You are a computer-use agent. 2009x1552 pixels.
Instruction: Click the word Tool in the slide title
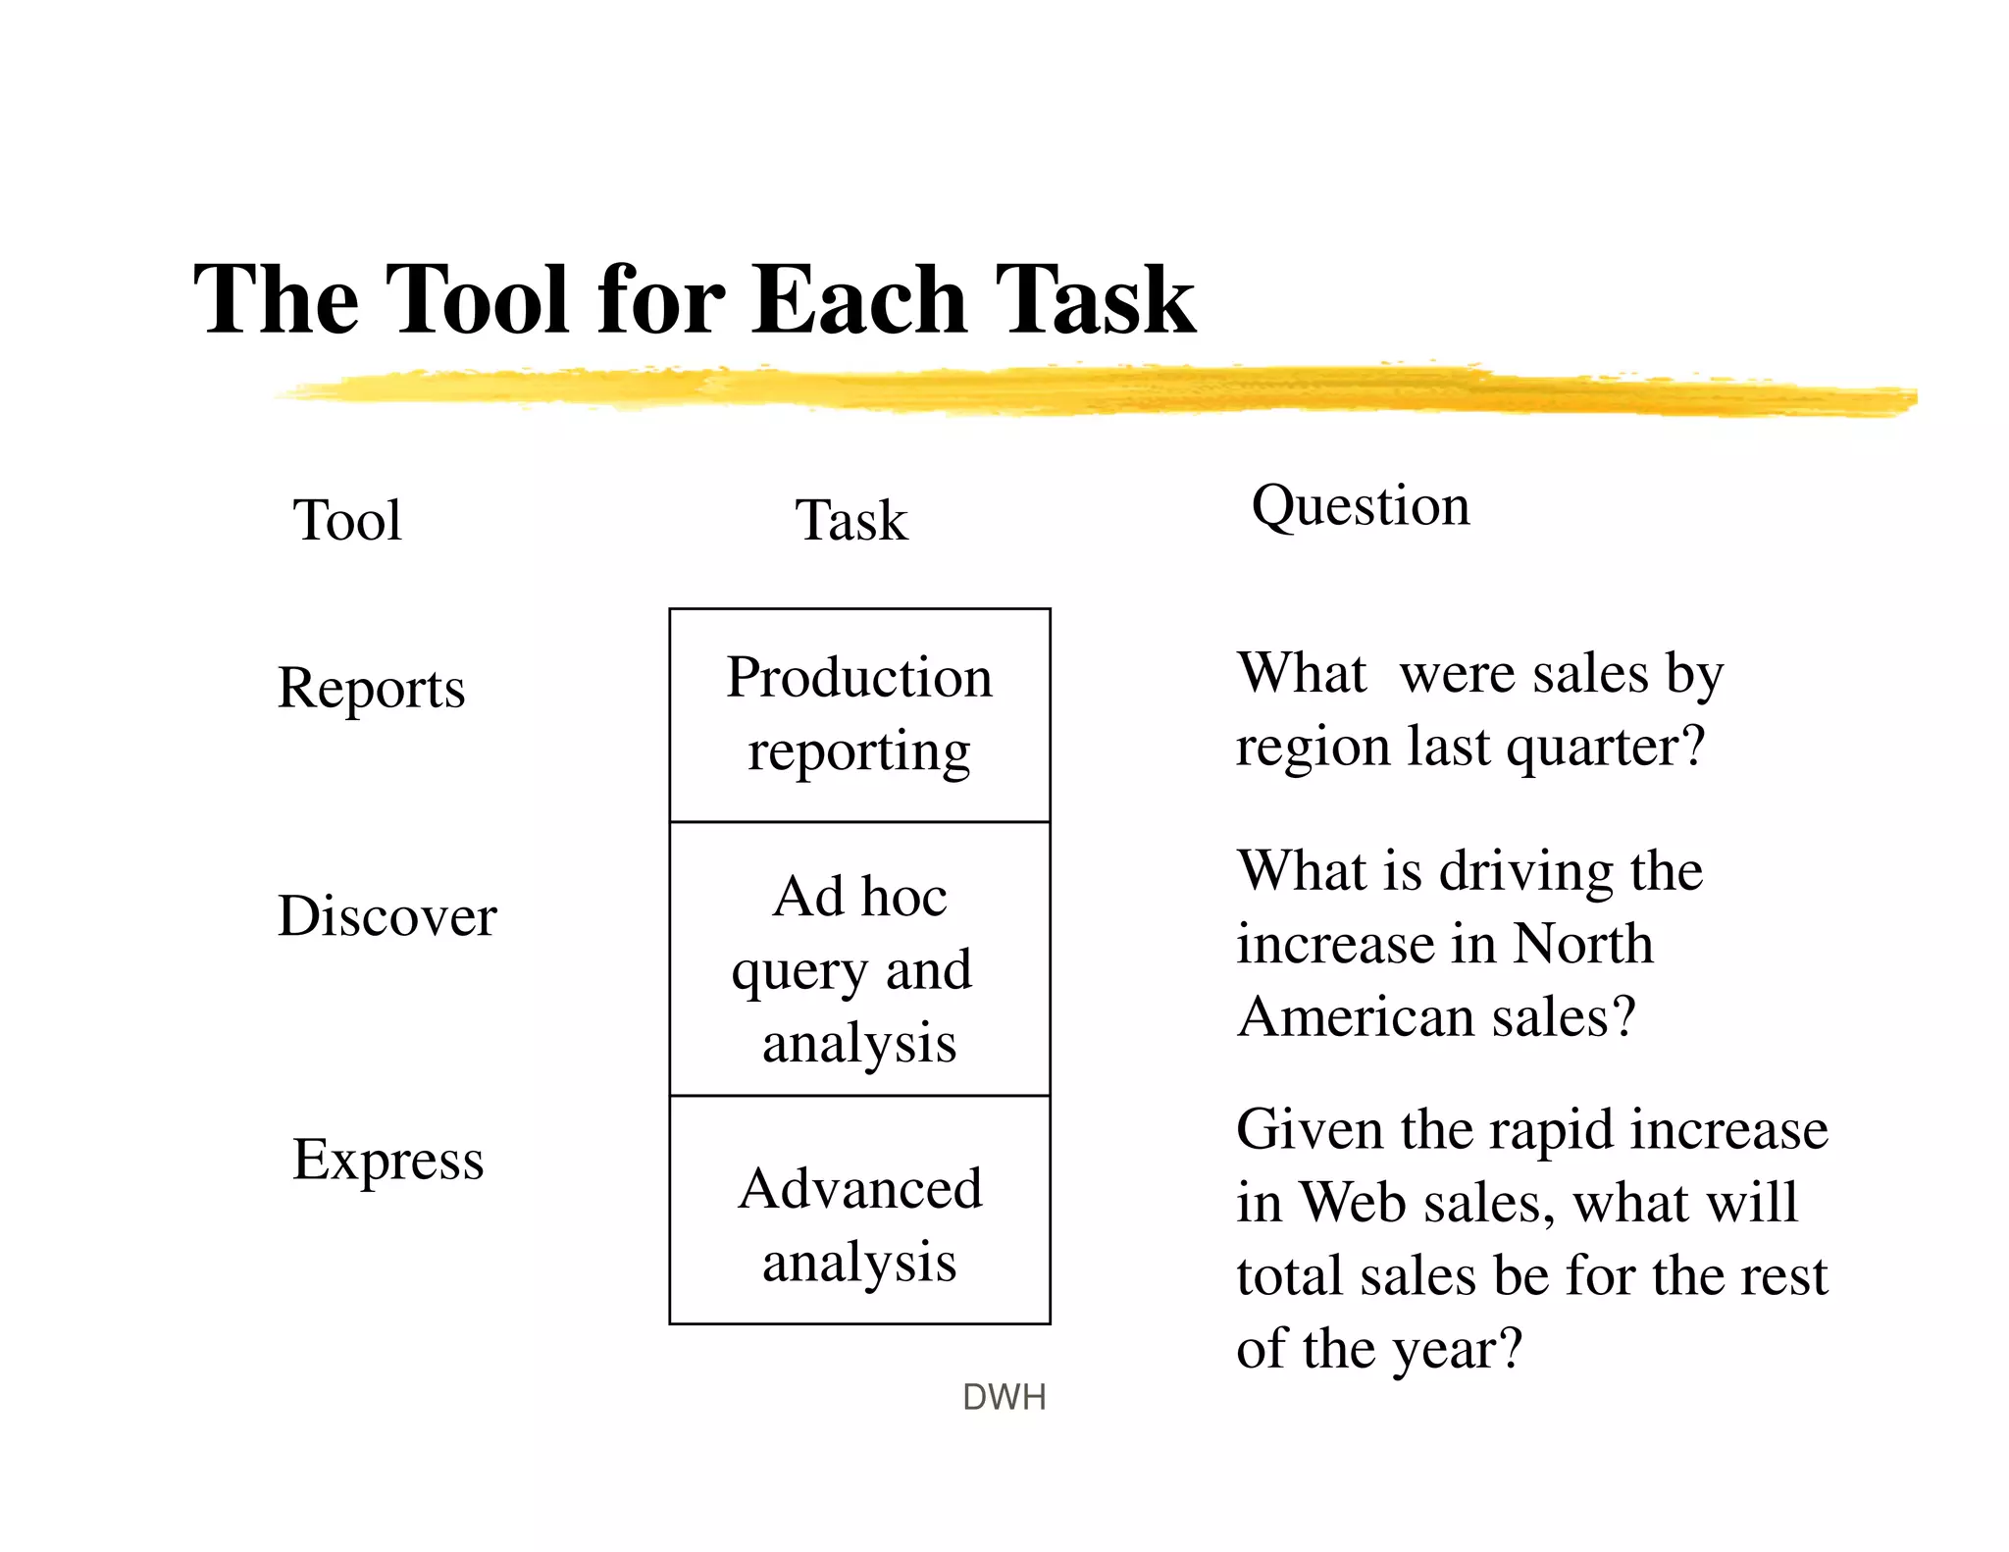tap(478, 299)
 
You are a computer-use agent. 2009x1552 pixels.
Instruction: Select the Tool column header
tap(347, 520)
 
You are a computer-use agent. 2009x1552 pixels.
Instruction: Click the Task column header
tap(850, 520)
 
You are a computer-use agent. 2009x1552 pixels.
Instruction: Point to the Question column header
tap(1361, 507)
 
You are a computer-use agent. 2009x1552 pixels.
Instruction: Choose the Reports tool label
tap(371, 688)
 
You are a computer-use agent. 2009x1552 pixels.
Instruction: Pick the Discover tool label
tap(386, 916)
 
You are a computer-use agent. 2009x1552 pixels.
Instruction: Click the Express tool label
tap(387, 1160)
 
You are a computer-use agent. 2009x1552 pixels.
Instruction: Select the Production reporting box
tap(859, 715)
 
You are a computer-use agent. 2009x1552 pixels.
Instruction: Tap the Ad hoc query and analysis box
tap(859, 959)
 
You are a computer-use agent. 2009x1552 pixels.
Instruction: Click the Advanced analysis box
tap(859, 1211)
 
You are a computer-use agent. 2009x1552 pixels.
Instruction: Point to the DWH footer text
tap(1004, 1397)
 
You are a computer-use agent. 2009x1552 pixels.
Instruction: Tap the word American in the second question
tap(1357, 1016)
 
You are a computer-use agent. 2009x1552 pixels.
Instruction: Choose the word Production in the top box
tap(859, 678)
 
